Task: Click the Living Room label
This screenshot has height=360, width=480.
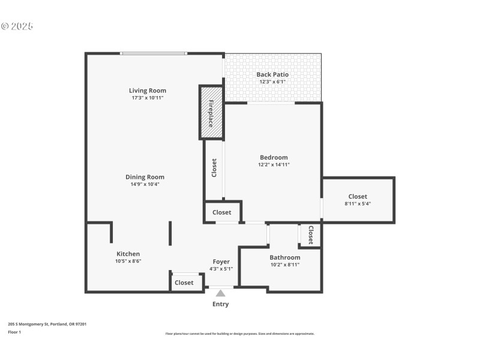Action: tap(148, 91)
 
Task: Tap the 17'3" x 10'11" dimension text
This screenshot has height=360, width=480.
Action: tap(148, 98)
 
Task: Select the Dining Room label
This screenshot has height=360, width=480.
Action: tap(145, 177)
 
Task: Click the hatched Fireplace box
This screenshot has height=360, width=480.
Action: tap(211, 113)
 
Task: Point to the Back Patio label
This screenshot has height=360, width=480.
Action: tap(272, 74)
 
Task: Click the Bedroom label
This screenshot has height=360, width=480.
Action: tap(274, 157)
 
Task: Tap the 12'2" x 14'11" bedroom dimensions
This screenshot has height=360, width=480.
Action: tap(274, 164)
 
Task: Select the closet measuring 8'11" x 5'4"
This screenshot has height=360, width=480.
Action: tap(358, 200)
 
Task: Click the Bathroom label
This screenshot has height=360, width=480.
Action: tap(284, 257)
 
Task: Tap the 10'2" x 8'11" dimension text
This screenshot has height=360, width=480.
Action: tap(284, 265)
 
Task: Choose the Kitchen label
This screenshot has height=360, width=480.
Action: tap(128, 254)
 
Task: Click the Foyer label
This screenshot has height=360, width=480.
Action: tap(221, 262)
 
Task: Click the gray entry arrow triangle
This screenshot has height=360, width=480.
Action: tap(221, 293)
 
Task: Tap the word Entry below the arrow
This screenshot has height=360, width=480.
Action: tap(220, 304)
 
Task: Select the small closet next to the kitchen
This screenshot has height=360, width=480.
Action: tap(184, 283)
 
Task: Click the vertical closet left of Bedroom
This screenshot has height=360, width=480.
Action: tap(214, 168)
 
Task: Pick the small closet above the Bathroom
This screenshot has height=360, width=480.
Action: tap(311, 235)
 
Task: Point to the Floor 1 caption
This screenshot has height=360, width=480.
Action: tap(14, 332)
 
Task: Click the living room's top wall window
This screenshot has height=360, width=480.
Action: tap(154, 53)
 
